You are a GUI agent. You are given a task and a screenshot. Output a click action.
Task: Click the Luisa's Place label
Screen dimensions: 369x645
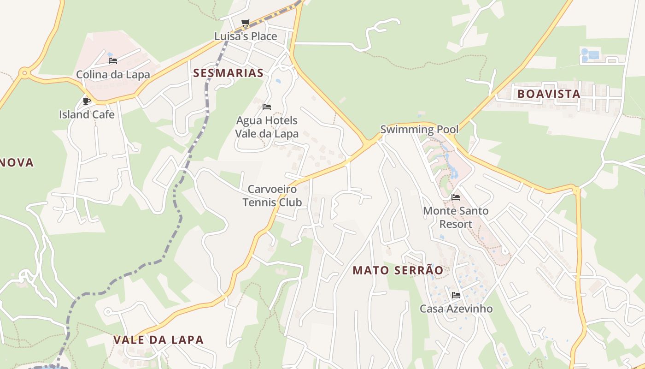[246, 36]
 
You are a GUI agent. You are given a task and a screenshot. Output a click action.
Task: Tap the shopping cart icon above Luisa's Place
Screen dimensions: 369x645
[245, 23]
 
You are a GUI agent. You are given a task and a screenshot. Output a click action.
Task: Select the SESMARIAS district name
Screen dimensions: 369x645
[228, 73]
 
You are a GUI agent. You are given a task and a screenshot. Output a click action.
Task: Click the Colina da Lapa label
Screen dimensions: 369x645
[113, 74]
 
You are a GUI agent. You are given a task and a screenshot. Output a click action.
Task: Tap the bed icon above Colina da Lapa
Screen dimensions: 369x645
[113, 60]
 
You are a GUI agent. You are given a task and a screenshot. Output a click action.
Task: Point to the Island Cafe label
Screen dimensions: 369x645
[87, 114]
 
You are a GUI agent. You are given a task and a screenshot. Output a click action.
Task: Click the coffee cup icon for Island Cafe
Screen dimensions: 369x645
[86, 101]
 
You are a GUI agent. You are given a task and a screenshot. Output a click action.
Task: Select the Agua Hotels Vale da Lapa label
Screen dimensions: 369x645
[267, 127]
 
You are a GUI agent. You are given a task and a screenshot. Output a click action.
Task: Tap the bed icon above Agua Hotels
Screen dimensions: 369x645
[266, 107]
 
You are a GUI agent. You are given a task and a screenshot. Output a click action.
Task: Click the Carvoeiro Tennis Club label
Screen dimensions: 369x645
[272, 196]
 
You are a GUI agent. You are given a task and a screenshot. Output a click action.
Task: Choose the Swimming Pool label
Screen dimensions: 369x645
[419, 130]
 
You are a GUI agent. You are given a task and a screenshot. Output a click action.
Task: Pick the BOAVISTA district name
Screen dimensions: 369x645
[548, 94]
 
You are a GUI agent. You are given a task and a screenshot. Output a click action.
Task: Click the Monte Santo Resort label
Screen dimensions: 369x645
[456, 217]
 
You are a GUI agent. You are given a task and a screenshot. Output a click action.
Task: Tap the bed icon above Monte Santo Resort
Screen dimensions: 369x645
[456, 197]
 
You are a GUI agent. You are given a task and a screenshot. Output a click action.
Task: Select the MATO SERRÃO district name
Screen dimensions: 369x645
[398, 271]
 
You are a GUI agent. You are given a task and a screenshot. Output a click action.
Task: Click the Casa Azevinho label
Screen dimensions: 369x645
[456, 309]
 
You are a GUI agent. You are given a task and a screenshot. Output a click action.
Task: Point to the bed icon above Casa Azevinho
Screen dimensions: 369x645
[456, 295]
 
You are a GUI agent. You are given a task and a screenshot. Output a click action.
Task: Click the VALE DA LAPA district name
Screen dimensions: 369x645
[158, 340]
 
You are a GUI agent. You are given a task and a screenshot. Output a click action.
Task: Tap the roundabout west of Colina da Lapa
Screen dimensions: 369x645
[24, 72]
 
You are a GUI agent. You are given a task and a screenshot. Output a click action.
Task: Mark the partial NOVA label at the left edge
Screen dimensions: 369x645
[17, 162]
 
